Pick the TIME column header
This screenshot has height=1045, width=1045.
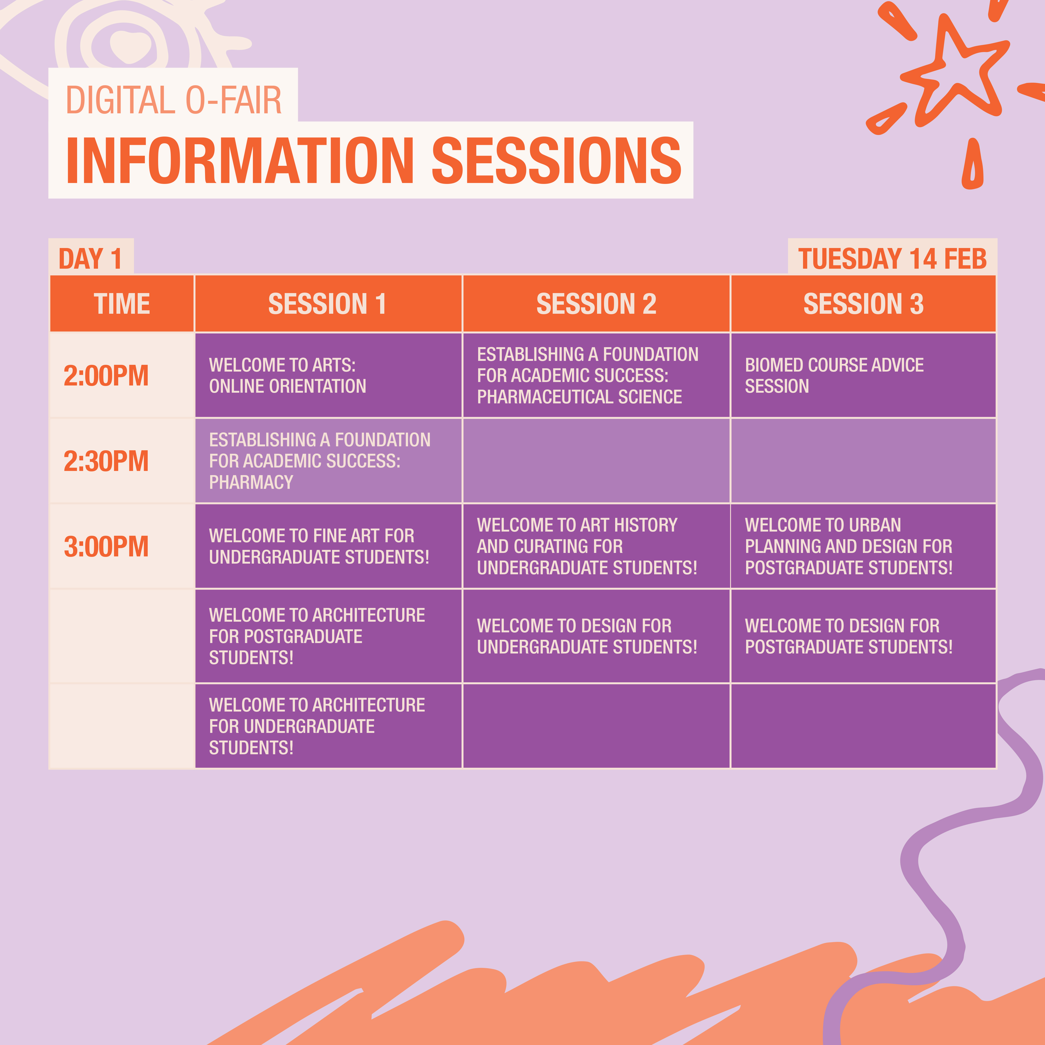tap(122, 304)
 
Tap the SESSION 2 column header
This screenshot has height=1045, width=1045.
tap(596, 304)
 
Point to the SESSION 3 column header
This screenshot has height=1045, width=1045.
tap(863, 304)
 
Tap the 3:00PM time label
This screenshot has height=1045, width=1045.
tap(106, 546)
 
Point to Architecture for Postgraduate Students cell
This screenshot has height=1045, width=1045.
tap(328, 636)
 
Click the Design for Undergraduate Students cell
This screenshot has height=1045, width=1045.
tap(596, 636)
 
